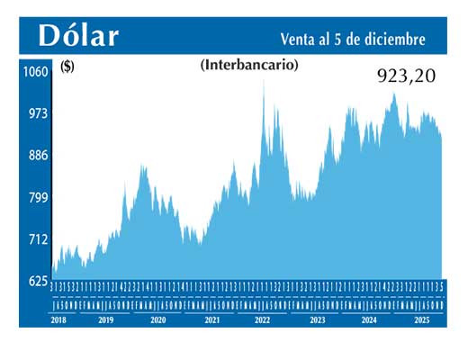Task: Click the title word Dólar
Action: (x=78, y=36)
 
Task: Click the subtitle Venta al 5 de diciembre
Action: (x=353, y=39)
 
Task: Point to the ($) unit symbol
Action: (x=67, y=65)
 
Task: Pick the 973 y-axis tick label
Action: (x=35, y=113)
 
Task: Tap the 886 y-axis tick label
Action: (x=35, y=155)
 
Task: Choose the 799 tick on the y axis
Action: (x=35, y=197)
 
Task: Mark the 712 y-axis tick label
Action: (x=35, y=239)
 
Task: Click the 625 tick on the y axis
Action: (x=35, y=281)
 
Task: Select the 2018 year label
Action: (x=60, y=319)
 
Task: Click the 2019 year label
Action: (x=105, y=319)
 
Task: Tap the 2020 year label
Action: (x=157, y=319)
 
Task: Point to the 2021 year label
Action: (x=211, y=319)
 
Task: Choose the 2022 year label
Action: (x=263, y=319)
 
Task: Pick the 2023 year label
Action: (x=316, y=319)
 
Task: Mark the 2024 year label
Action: (x=369, y=319)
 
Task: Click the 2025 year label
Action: (x=420, y=319)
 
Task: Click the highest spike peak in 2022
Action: (x=264, y=82)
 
